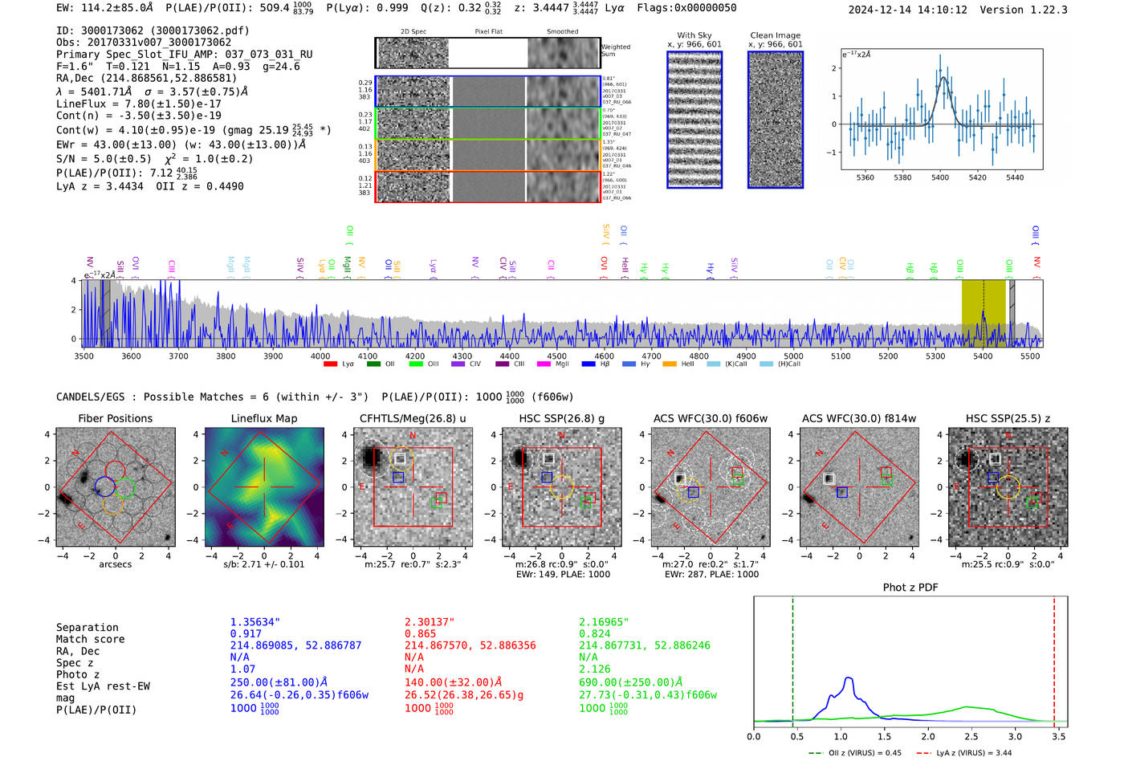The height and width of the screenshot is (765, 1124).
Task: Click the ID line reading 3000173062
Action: (x=153, y=31)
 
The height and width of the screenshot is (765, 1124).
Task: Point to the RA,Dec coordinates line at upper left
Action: (x=146, y=78)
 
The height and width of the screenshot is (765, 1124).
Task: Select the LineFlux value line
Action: (x=138, y=104)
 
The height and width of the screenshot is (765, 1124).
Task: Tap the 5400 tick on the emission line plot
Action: (x=940, y=177)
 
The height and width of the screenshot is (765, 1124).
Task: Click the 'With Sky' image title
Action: (x=694, y=35)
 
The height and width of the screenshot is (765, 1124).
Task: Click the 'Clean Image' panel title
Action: (x=775, y=35)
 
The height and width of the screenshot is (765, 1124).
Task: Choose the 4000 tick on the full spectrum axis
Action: (x=320, y=356)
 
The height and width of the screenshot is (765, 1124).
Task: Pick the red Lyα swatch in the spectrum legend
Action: (x=330, y=364)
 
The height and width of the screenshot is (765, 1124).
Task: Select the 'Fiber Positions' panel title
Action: (x=115, y=418)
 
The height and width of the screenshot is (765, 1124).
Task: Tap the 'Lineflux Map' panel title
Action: (x=264, y=418)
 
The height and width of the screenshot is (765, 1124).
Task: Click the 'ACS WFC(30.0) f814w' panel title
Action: (x=859, y=418)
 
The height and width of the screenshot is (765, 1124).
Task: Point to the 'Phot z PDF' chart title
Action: (x=910, y=587)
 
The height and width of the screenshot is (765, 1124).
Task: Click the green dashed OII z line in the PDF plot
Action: (x=792, y=658)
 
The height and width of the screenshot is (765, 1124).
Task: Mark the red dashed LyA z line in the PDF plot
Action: (x=1054, y=658)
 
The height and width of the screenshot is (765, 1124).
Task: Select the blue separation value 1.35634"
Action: (x=255, y=622)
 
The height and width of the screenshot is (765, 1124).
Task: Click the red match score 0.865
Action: (x=421, y=633)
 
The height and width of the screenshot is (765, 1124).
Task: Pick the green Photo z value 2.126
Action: (x=595, y=669)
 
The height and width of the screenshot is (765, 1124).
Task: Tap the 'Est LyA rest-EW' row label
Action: (x=103, y=686)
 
